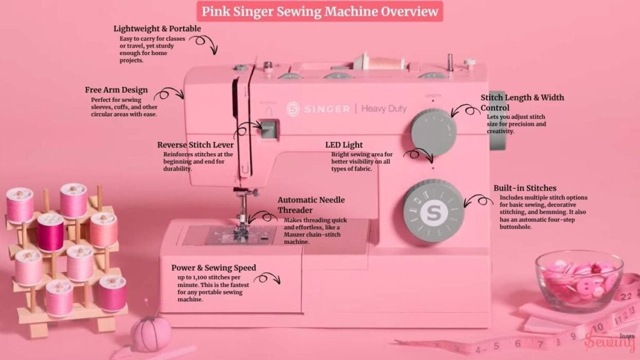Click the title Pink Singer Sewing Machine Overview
pyautogui.click(x=320, y=11)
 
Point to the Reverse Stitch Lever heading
pyautogui.click(x=195, y=145)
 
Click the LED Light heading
pyautogui.click(x=344, y=145)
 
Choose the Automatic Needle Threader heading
pyautogui.click(x=311, y=205)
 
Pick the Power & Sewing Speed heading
pyautogui.click(x=213, y=268)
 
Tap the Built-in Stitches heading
pyautogui.click(x=524, y=187)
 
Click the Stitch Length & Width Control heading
pyautogui.click(x=522, y=102)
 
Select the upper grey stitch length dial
pyautogui.click(x=434, y=132)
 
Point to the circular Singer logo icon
pyautogui.click(x=293, y=109)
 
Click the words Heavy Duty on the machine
pyautogui.click(x=384, y=109)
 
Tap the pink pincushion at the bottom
pyautogui.click(x=151, y=332)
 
